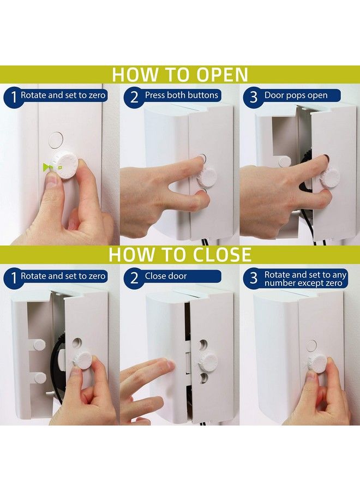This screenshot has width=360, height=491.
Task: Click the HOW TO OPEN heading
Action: point(180,74)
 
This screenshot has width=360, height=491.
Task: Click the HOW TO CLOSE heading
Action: point(180,255)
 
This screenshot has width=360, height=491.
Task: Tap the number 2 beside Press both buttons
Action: point(133,97)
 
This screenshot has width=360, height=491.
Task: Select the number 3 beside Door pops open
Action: point(253,97)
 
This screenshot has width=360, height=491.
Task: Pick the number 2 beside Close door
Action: point(133,278)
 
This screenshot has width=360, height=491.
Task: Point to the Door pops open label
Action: point(296,95)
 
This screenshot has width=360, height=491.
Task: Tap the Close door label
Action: point(165,276)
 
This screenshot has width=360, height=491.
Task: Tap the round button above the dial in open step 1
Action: point(55,140)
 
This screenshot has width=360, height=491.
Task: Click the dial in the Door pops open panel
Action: point(329,177)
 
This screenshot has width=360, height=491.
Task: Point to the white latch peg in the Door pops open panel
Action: point(284,161)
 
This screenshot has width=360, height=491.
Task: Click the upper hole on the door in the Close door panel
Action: point(203,345)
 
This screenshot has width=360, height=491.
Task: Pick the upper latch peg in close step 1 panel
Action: point(39,345)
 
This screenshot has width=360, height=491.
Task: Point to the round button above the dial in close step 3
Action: point(311,345)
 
